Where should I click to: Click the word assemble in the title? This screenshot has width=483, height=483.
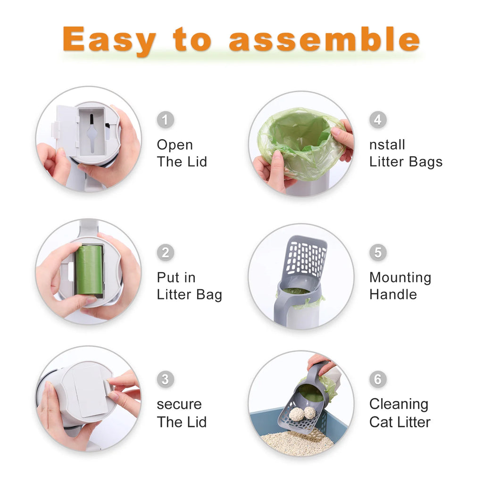pyautogui.click(x=324, y=40)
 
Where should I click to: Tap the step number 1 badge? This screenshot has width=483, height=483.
pyautogui.click(x=165, y=120)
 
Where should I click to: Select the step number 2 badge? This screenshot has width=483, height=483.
pyautogui.click(x=165, y=252)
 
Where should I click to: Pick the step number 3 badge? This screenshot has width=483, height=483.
pyautogui.click(x=165, y=379)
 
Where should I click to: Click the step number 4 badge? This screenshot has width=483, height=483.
pyautogui.click(x=377, y=120)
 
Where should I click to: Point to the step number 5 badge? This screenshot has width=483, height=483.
pyautogui.click(x=377, y=252)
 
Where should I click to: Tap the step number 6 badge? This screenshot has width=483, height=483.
pyautogui.click(x=377, y=379)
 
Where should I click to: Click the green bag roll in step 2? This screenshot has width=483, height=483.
pyautogui.click(x=89, y=270)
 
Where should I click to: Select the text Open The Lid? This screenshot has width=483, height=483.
pyautogui.click(x=182, y=153)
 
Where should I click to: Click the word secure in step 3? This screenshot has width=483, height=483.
pyautogui.click(x=179, y=404)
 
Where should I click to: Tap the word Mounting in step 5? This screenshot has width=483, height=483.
pyautogui.click(x=400, y=277)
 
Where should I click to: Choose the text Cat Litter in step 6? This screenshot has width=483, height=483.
pyautogui.click(x=400, y=422)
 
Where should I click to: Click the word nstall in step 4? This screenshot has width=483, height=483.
pyautogui.click(x=387, y=145)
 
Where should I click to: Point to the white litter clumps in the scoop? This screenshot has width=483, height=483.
pyautogui.click(x=302, y=413)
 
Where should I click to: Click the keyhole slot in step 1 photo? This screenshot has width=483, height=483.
pyautogui.click(x=92, y=130)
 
